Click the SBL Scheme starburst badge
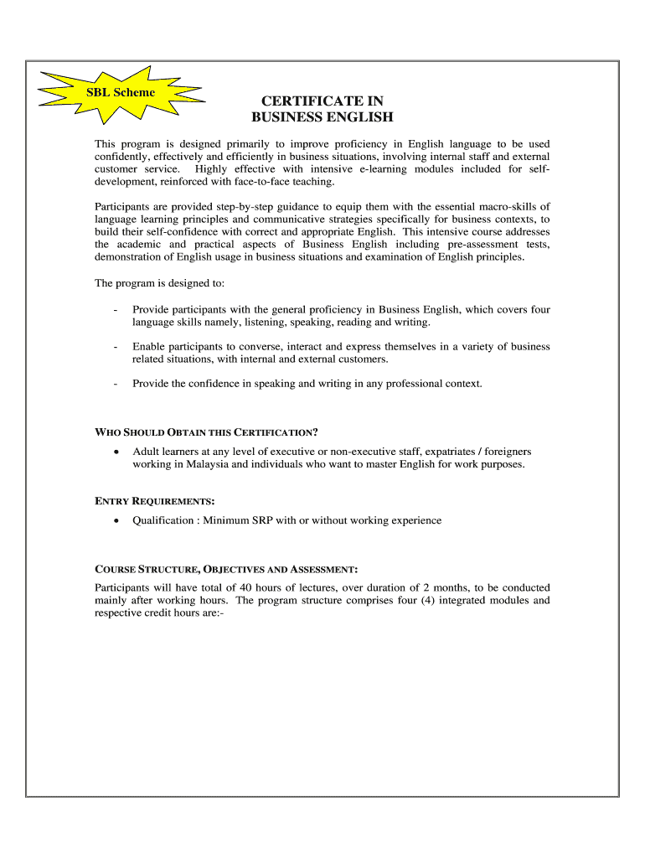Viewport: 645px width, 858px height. tap(121, 92)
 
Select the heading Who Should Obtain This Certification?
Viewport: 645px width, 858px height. tap(206, 432)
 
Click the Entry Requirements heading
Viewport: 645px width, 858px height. tap(155, 501)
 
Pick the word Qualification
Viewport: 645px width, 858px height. tap(164, 520)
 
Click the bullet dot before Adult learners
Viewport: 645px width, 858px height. tap(115, 452)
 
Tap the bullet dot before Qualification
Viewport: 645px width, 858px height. tap(115, 520)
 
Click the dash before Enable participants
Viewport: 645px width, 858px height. tap(114, 347)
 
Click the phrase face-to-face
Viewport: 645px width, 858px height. tap(247, 182)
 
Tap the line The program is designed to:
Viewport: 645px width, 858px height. tap(159, 283)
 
